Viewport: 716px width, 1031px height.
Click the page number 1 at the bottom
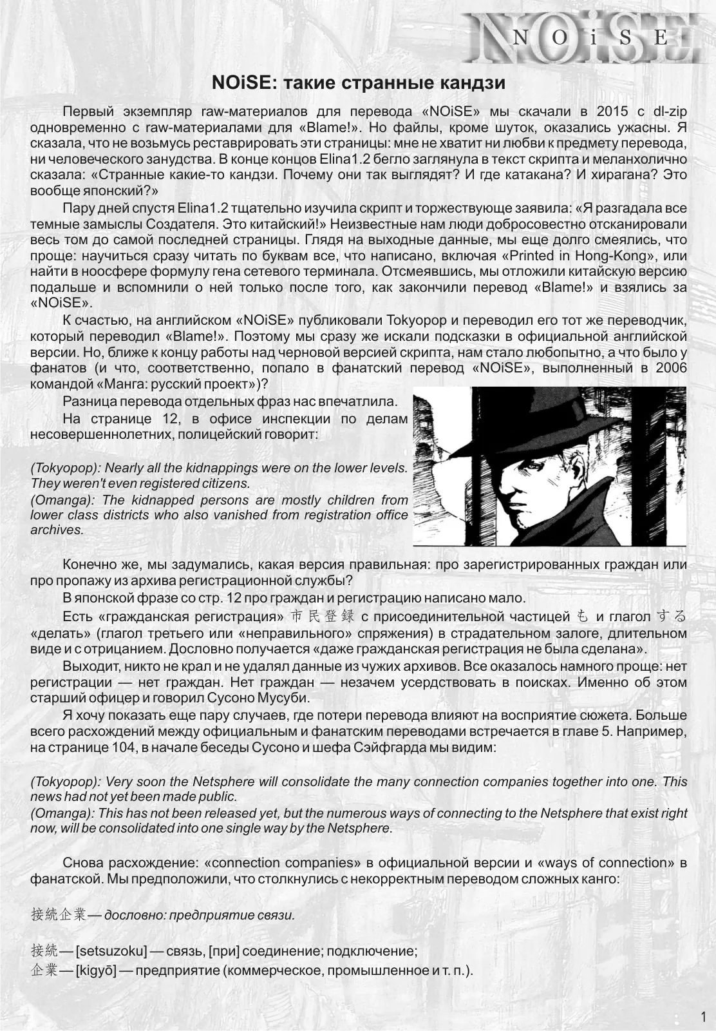702,1017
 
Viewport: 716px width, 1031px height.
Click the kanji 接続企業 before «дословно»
58,914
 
